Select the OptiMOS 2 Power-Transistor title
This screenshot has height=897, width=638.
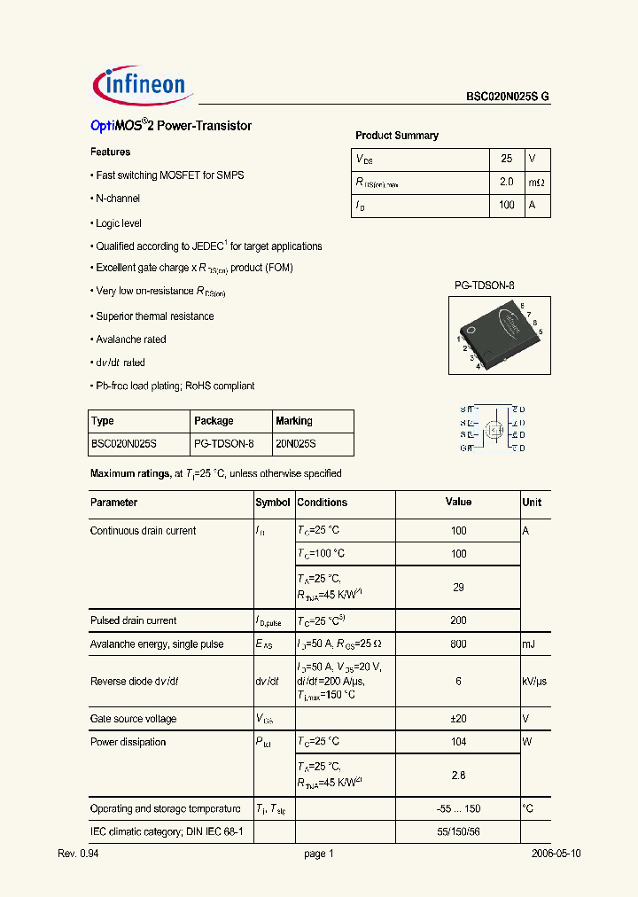pyautogui.click(x=171, y=126)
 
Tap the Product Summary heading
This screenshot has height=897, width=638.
pyautogui.click(x=397, y=136)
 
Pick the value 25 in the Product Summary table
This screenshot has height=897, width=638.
pyautogui.click(x=507, y=159)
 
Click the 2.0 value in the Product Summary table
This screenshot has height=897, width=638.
pyautogui.click(x=507, y=182)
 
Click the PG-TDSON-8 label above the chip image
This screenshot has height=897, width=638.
pyautogui.click(x=484, y=285)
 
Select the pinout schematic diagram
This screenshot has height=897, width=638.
pyautogui.click(x=494, y=428)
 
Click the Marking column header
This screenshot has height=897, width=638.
pyautogui.click(x=294, y=421)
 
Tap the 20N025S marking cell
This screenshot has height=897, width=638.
pyautogui.click(x=295, y=443)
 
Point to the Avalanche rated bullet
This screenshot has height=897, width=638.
pyautogui.click(x=130, y=339)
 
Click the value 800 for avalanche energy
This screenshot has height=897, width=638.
pyautogui.click(x=458, y=644)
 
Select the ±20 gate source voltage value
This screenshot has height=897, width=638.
pyautogui.click(x=458, y=719)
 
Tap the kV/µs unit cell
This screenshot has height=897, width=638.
pyautogui.click(x=535, y=682)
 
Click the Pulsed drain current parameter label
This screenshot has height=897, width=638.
pyautogui.click(x=133, y=620)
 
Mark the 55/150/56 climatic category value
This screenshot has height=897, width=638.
pyautogui.click(x=458, y=832)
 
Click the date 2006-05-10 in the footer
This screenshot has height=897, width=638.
pyautogui.click(x=556, y=854)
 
